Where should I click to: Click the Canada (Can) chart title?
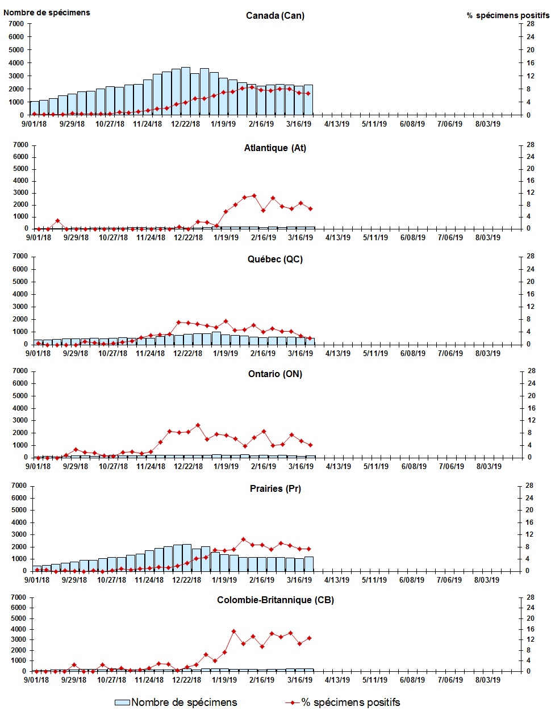[x=275, y=15]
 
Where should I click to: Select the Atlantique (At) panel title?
[x=275, y=148]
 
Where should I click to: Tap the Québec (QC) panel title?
[x=275, y=260]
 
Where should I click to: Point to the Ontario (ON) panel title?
[x=275, y=374]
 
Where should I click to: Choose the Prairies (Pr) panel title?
[x=275, y=489]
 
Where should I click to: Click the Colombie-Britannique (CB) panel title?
[x=275, y=600]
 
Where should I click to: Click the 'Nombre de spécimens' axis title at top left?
[x=47, y=12]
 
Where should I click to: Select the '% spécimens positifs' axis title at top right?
[x=508, y=15]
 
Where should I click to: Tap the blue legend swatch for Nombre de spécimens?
[x=122, y=703]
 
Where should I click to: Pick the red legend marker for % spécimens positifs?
[x=293, y=703]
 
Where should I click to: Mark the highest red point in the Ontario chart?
[x=198, y=425]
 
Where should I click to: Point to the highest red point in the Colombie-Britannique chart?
[x=233, y=631]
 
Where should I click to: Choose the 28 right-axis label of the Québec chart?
[x=531, y=256]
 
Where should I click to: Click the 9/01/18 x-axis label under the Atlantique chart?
[x=37, y=237]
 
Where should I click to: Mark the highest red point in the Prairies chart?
[x=243, y=539]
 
